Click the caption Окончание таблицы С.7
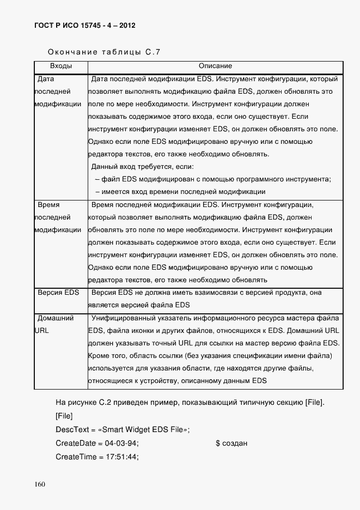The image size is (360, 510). tap(104, 53)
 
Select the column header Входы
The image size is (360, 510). tap(61, 66)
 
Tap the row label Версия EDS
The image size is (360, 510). tap(58, 293)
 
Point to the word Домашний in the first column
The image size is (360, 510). tap(54, 318)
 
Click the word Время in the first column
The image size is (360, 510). tap(48, 205)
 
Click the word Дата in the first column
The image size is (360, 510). tap(46, 79)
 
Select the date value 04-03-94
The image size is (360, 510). tap(121, 443)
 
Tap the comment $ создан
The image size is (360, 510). tap(231, 443)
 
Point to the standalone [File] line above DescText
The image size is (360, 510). tap(64, 416)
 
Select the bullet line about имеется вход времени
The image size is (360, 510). tap(180, 191)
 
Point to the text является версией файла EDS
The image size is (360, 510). tap(139, 305)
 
